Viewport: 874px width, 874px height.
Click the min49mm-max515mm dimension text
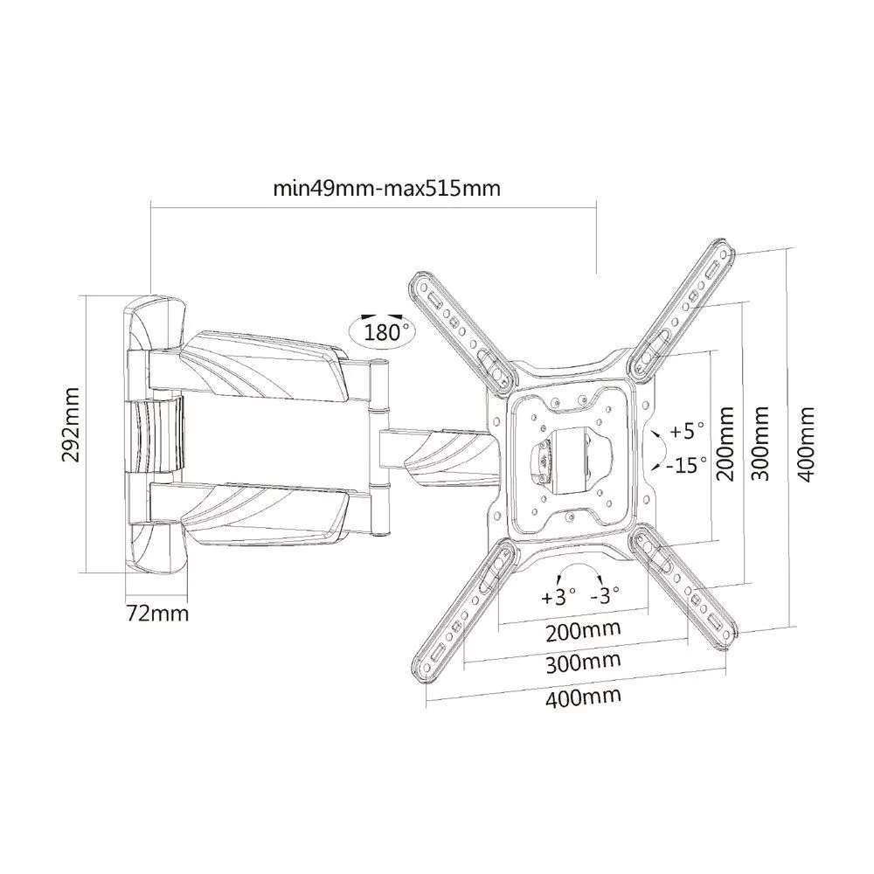tap(386, 189)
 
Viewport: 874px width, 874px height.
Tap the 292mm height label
tap(72, 426)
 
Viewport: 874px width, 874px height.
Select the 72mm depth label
tap(157, 614)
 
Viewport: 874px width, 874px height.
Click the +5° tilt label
tap(687, 430)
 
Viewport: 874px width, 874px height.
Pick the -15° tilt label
tap(687, 464)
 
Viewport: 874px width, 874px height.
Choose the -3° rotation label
tap(606, 596)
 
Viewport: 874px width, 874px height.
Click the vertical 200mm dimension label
tap(725, 444)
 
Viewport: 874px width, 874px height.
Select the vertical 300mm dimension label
tap(760, 444)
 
